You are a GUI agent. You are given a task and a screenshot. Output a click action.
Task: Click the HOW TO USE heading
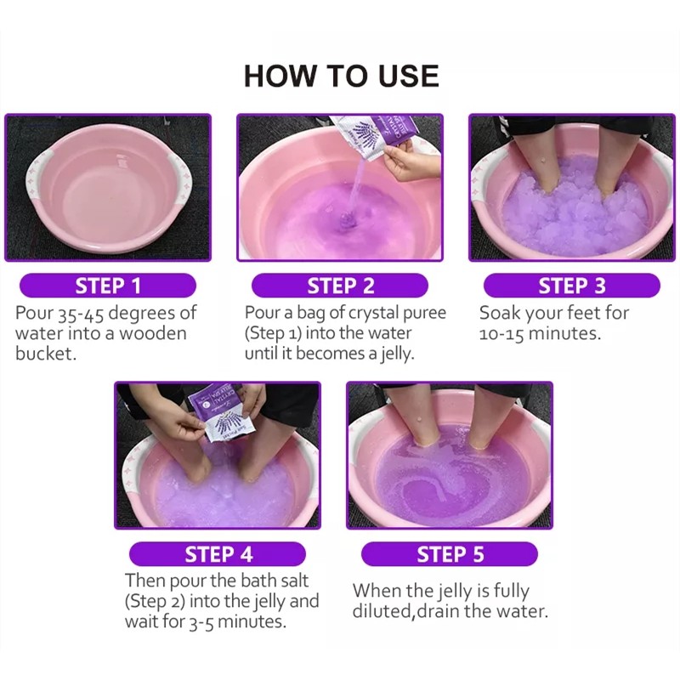click(341, 76)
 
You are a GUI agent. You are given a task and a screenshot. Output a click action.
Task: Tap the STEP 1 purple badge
click(108, 286)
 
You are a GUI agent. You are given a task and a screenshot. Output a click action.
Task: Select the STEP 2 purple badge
click(340, 286)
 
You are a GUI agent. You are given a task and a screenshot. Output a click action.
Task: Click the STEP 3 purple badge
click(571, 286)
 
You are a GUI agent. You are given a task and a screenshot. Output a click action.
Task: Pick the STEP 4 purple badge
click(218, 555)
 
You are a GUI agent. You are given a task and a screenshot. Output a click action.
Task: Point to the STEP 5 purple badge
click(450, 555)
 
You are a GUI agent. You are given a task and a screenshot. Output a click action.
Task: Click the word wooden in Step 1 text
click(153, 333)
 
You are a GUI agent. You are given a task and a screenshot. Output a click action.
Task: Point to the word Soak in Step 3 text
click(501, 313)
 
